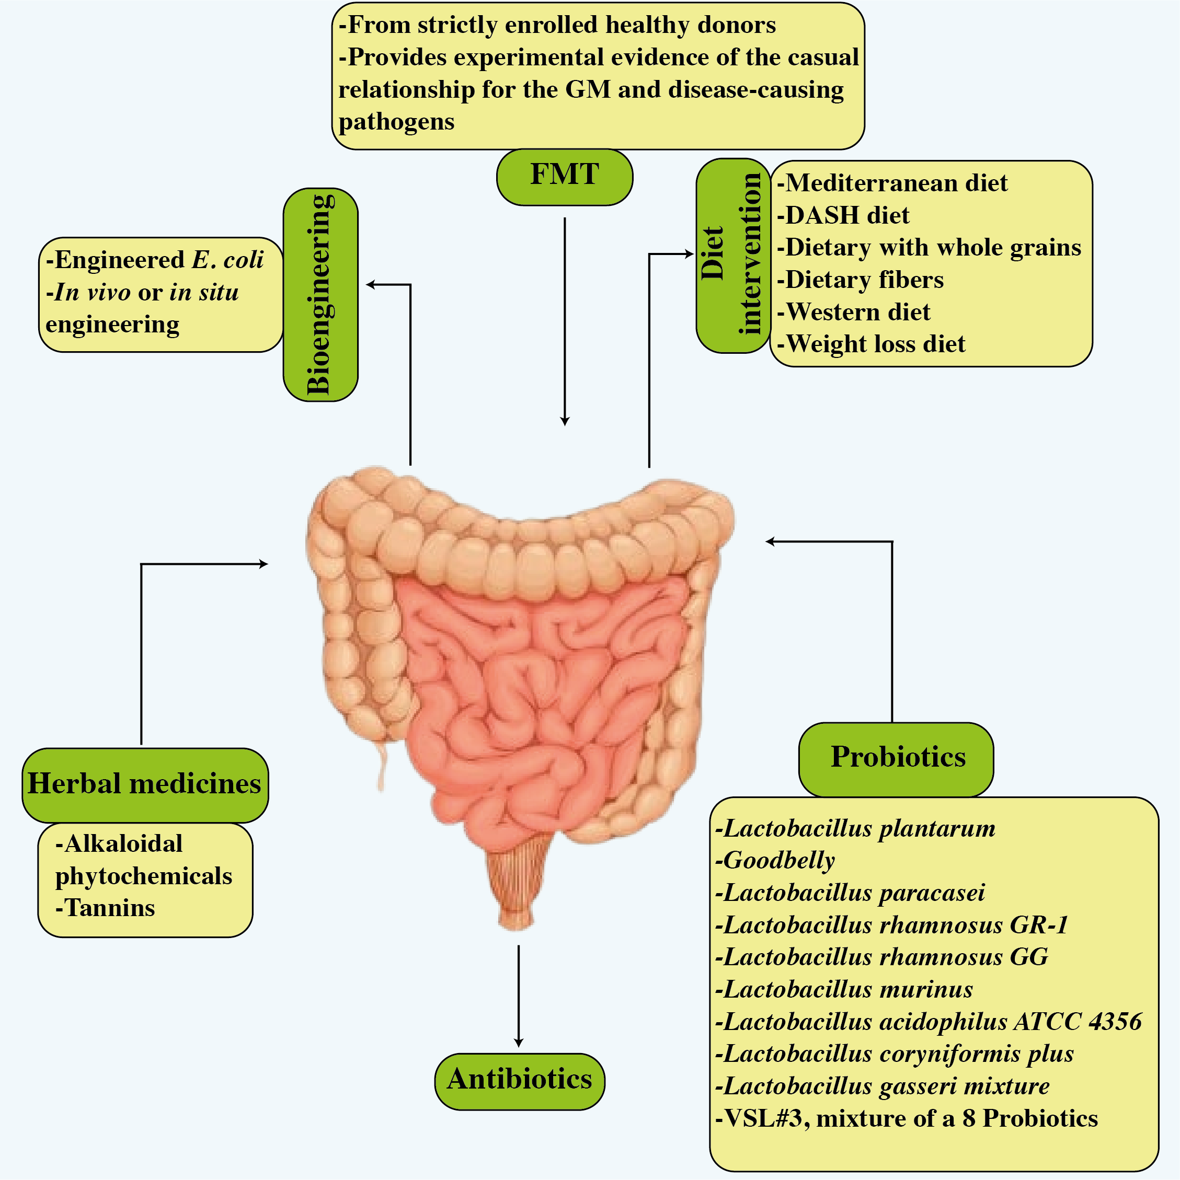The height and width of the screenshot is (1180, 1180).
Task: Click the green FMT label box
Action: [x=564, y=177]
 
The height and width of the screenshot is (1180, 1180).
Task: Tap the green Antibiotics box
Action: [x=520, y=1081]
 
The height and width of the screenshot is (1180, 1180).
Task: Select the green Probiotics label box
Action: [x=896, y=759]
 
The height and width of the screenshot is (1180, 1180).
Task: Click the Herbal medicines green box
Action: [x=145, y=785]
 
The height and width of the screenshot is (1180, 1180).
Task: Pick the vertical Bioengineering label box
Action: [x=320, y=294]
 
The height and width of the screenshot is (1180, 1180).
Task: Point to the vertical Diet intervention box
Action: [x=732, y=256]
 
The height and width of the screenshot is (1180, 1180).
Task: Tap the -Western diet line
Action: [x=853, y=312]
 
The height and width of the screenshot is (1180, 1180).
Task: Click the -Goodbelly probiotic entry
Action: [x=775, y=861]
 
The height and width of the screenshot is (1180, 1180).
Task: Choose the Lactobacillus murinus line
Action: [x=844, y=989]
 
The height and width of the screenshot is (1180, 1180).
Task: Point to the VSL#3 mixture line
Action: [x=906, y=1118]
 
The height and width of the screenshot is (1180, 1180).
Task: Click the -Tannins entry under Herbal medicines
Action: [x=105, y=908]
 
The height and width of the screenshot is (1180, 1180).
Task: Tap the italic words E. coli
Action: [x=227, y=260]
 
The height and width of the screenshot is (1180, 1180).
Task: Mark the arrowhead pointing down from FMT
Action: [x=565, y=421]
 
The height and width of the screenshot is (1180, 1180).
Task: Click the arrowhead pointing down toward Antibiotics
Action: [x=519, y=1043]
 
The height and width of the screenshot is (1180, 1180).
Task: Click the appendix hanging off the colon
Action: [x=383, y=767]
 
